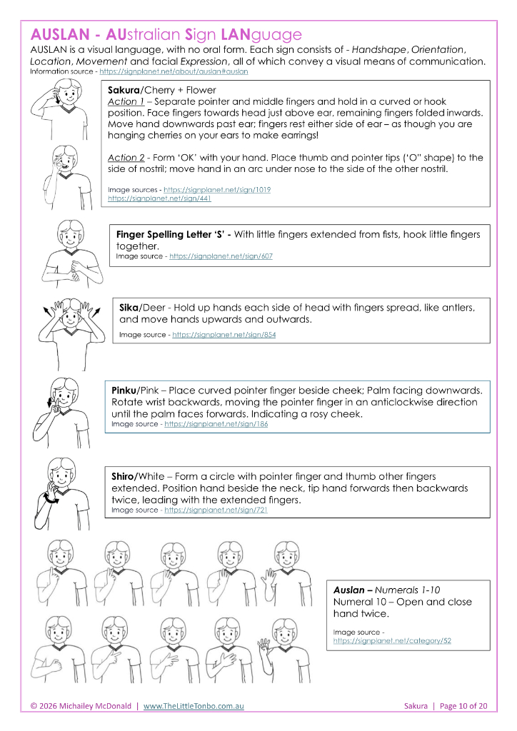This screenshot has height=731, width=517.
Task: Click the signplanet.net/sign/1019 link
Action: [x=217, y=189]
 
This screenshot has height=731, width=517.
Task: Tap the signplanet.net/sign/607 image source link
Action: [x=221, y=256]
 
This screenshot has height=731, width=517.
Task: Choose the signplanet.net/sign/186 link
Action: [x=216, y=423]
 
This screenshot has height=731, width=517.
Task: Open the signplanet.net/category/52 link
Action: [x=392, y=641]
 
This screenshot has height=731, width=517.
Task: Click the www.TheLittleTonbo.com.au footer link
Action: [x=194, y=706]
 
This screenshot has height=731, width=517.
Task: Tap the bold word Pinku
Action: [x=126, y=390]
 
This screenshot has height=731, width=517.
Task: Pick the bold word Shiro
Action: [x=126, y=476]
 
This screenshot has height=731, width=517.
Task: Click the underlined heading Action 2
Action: [x=126, y=158]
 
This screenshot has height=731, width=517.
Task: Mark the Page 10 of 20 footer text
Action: [x=463, y=706]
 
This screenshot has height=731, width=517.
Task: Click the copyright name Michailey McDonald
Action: [x=96, y=706]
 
